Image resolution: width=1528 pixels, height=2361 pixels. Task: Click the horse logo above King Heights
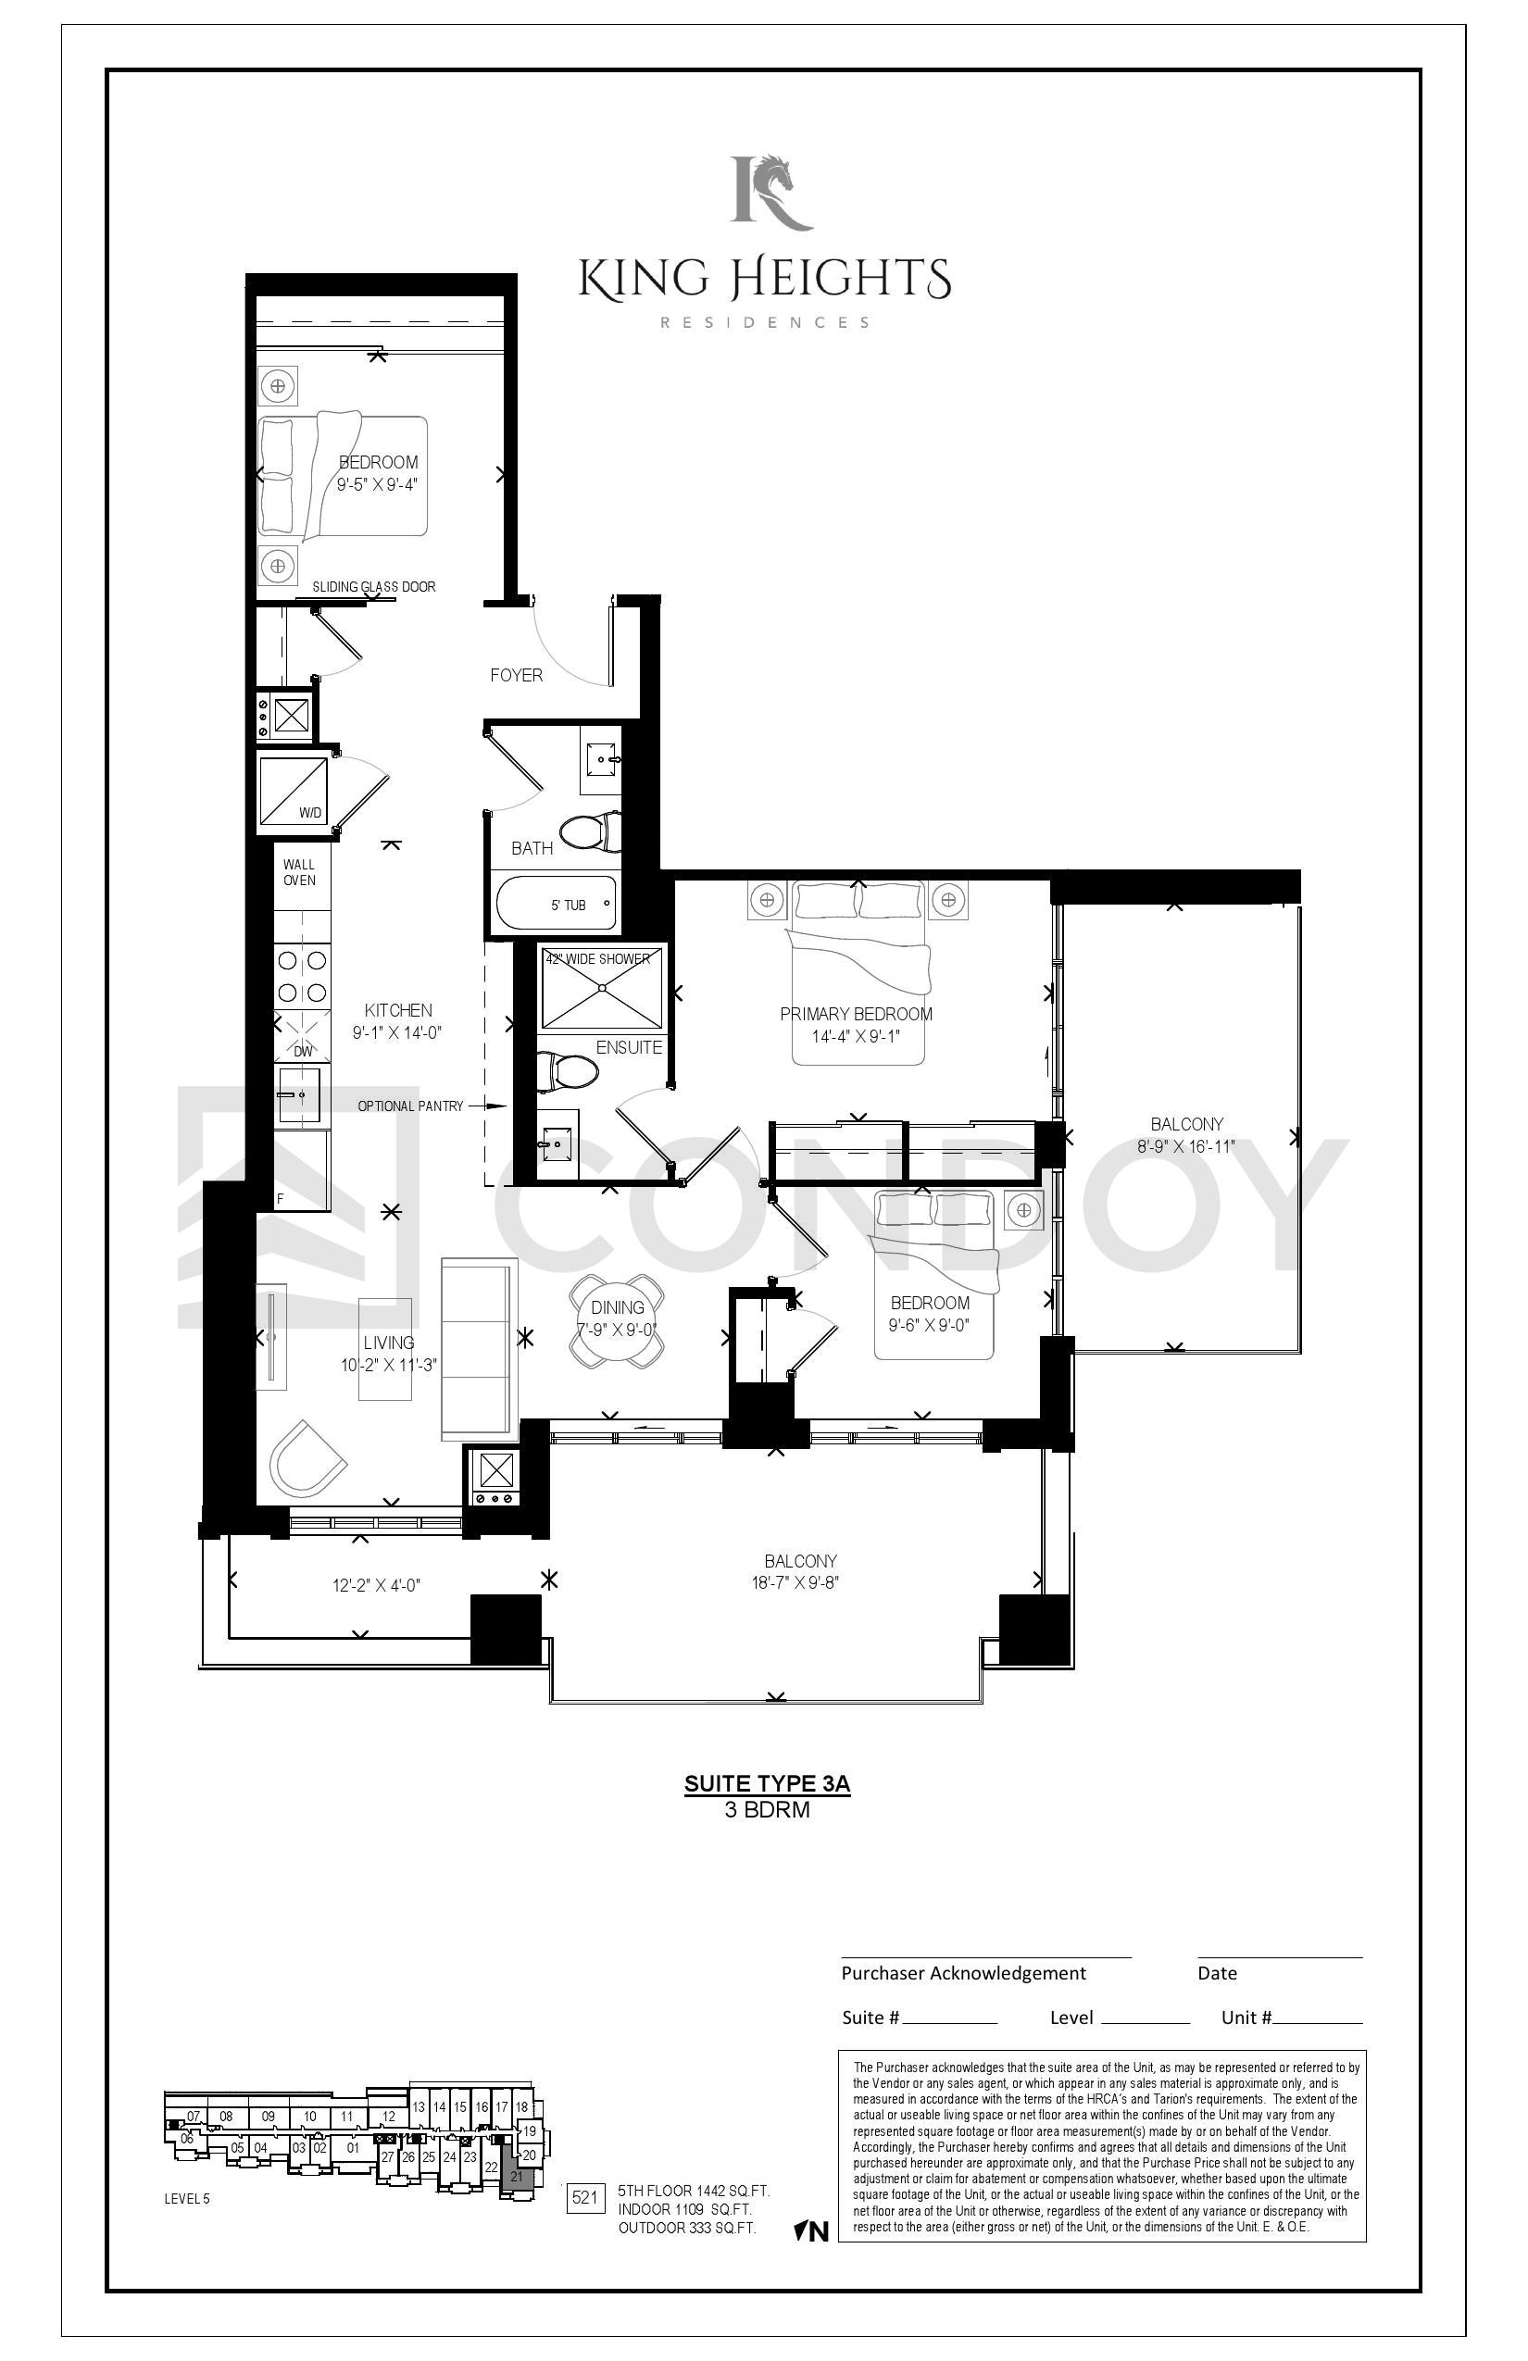772,192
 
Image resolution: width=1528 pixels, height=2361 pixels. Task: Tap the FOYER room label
516,676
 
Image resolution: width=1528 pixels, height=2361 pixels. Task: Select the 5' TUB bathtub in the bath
555,904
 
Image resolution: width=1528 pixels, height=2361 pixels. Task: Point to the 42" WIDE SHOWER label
598,959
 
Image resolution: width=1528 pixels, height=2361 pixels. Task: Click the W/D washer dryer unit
294,792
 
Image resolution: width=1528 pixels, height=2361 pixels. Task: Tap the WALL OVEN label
300,873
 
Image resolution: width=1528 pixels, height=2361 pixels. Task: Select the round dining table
617,1320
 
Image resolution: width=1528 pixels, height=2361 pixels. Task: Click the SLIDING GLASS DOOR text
374,587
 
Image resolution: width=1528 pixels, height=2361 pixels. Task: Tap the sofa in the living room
481,1349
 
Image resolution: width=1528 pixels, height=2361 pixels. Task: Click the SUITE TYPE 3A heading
767,1783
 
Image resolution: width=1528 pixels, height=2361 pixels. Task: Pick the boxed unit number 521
585,2197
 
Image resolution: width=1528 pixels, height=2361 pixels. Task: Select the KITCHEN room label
398,1011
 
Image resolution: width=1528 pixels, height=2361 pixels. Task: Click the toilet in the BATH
587,831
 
